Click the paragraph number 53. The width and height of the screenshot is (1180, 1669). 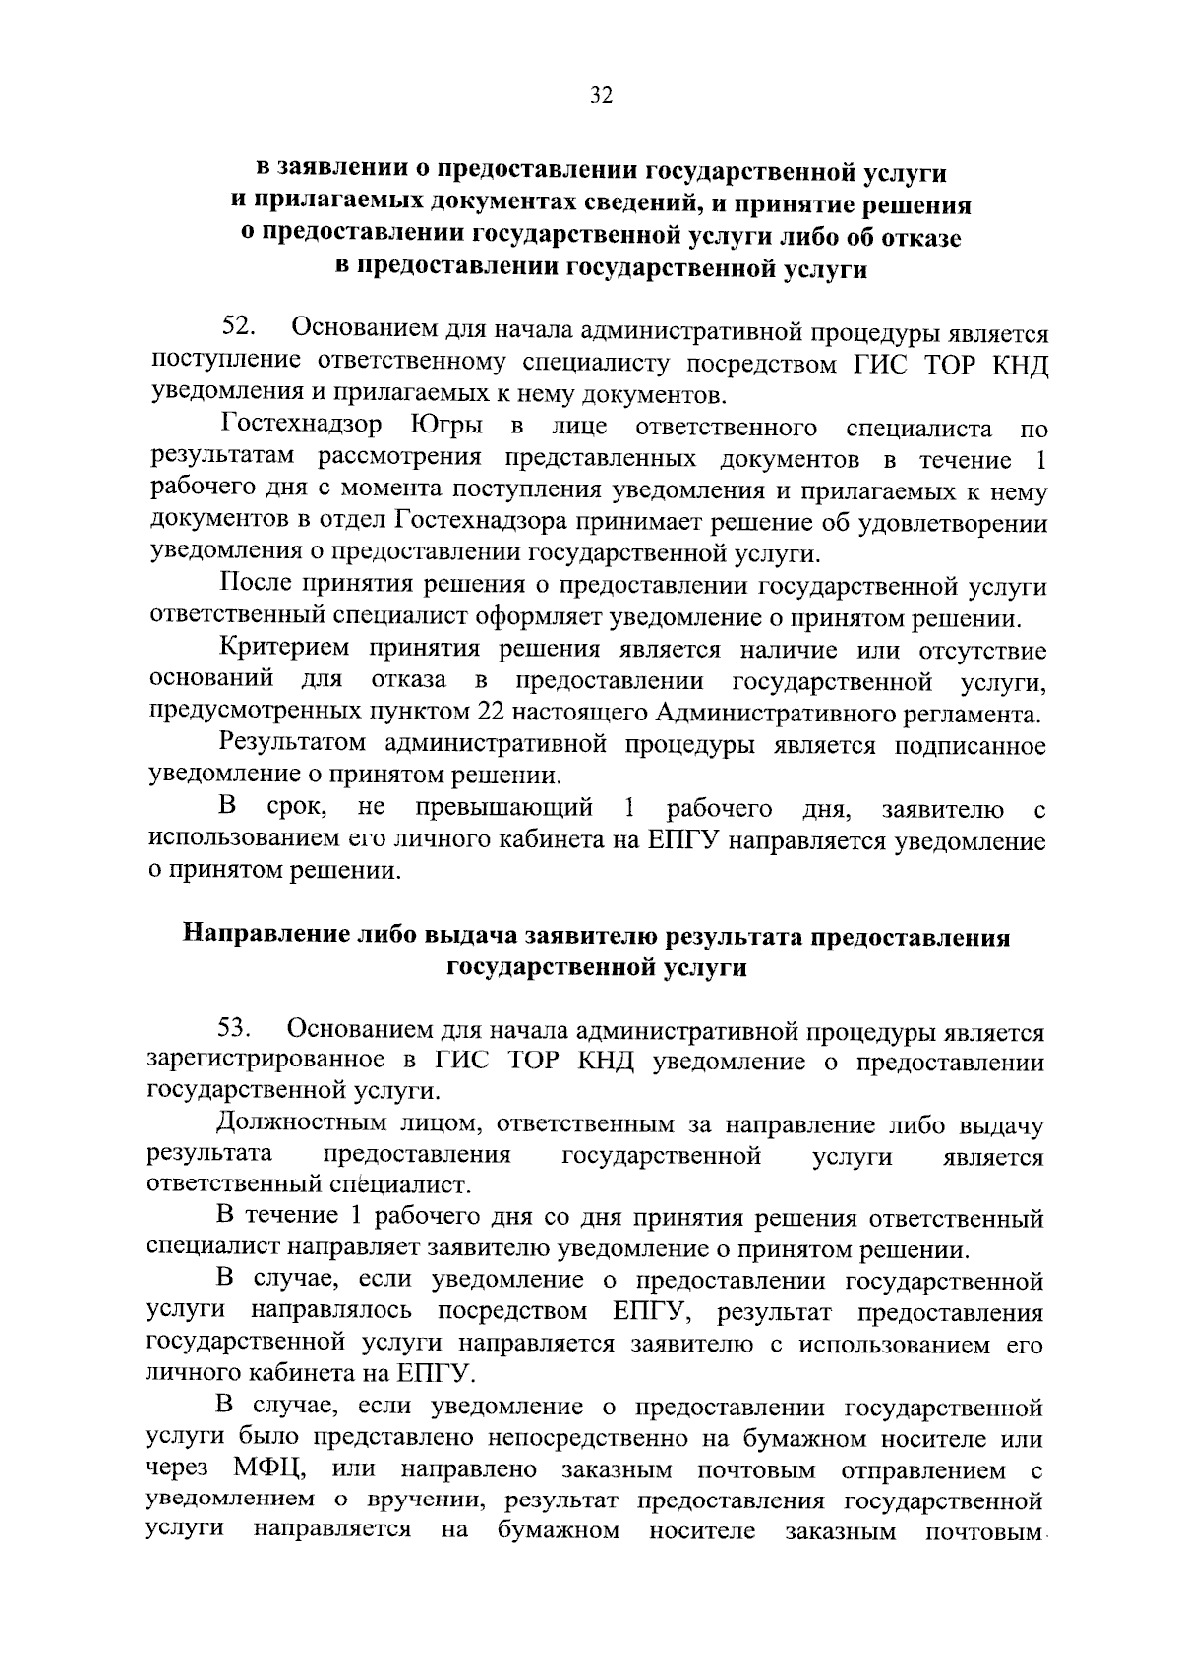237,1029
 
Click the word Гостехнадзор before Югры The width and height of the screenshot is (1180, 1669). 302,428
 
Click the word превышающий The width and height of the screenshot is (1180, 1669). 504,809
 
